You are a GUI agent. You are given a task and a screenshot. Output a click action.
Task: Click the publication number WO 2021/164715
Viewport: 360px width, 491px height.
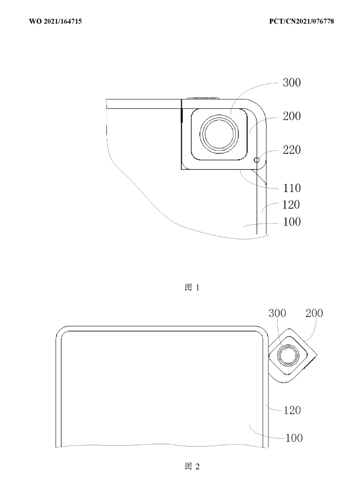point(56,21)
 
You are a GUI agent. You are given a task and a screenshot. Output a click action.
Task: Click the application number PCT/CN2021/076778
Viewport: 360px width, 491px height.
point(301,21)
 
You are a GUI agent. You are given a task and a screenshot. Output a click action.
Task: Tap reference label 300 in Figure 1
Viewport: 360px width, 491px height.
point(292,83)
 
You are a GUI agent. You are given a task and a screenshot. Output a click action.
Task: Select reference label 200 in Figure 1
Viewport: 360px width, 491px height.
point(292,116)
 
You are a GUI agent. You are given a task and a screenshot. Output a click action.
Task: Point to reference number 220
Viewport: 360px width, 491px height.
point(292,150)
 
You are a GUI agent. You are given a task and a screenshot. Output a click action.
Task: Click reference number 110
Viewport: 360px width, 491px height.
point(292,188)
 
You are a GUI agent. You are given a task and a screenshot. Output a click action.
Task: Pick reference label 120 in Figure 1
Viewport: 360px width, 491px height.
point(291,205)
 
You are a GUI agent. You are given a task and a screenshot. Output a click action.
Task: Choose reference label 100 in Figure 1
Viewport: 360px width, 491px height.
point(292,222)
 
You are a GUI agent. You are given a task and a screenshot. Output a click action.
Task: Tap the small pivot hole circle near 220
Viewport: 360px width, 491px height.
point(257,160)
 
